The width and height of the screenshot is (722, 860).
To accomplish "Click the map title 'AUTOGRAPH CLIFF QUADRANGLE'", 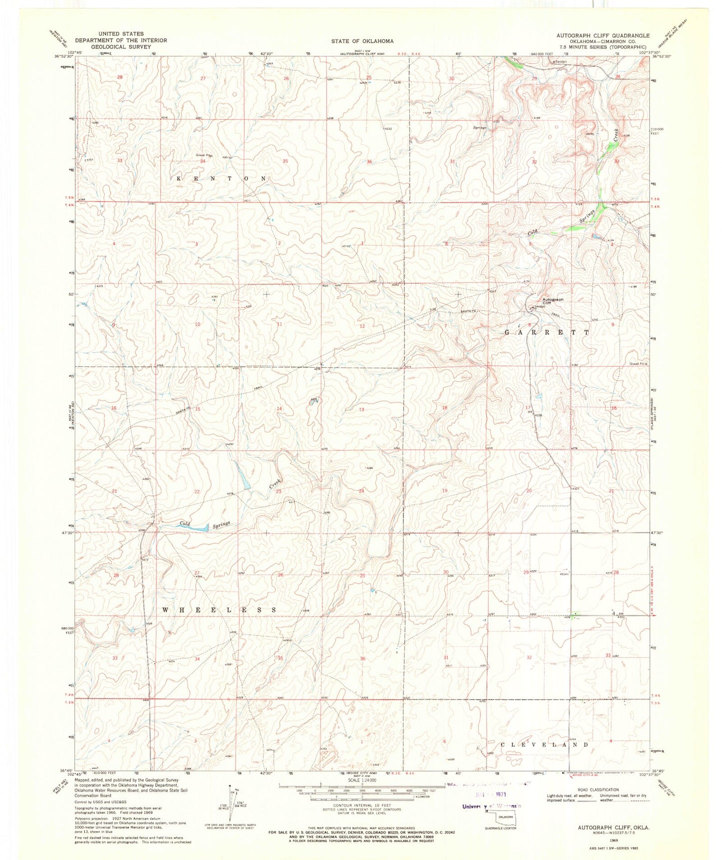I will pyautogui.click(x=603, y=35).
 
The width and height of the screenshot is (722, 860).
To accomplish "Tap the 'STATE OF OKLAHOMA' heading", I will pyautogui.click(x=362, y=41).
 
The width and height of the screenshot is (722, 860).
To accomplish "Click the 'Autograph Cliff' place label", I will pyautogui.click(x=553, y=301).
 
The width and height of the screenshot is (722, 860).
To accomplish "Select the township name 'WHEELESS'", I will pyautogui.click(x=220, y=610).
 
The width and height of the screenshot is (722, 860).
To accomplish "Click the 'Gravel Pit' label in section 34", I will pyautogui.click(x=203, y=155).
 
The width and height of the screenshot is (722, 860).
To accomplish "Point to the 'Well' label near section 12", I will pyautogui.click(x=325, y=286).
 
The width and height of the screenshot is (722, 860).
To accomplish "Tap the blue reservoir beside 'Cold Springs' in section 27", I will pyautogui.click(x=199, y=527).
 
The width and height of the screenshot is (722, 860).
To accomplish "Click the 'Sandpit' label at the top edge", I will pyautogui.click(x=561, y=61).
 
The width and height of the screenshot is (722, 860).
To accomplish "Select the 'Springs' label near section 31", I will pyautogui.click(x=480, y=127).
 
